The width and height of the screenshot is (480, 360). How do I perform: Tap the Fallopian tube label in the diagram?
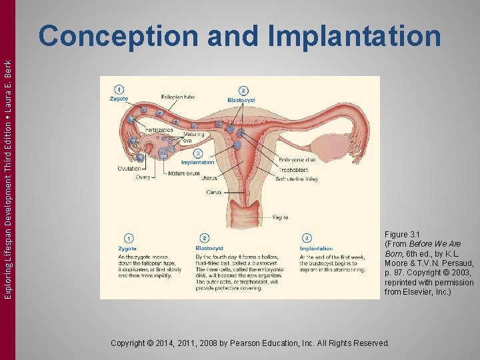[179, 97]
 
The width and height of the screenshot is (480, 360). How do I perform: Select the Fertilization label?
[160, 130]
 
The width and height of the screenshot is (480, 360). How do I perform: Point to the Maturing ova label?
[193, 137]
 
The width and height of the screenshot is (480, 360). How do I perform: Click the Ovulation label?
[129, 169]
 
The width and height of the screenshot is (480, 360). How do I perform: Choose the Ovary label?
[143, 177]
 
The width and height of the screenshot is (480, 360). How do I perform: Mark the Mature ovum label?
[184, 173]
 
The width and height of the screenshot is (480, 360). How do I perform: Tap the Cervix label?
[214, 192]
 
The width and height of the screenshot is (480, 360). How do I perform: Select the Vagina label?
[280, 217]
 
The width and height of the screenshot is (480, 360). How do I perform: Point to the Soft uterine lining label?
[297, 179]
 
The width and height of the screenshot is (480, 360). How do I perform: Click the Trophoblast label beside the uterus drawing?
[293, 169]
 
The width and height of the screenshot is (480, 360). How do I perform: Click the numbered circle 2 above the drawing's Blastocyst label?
[243, 91]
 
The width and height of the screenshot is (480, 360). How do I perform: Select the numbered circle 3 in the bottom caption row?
[307, 238]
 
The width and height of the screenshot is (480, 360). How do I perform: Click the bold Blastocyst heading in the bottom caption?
[209, 249]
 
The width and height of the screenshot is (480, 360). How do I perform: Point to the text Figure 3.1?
[403, 235]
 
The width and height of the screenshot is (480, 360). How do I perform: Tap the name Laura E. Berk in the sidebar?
[8, 74]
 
